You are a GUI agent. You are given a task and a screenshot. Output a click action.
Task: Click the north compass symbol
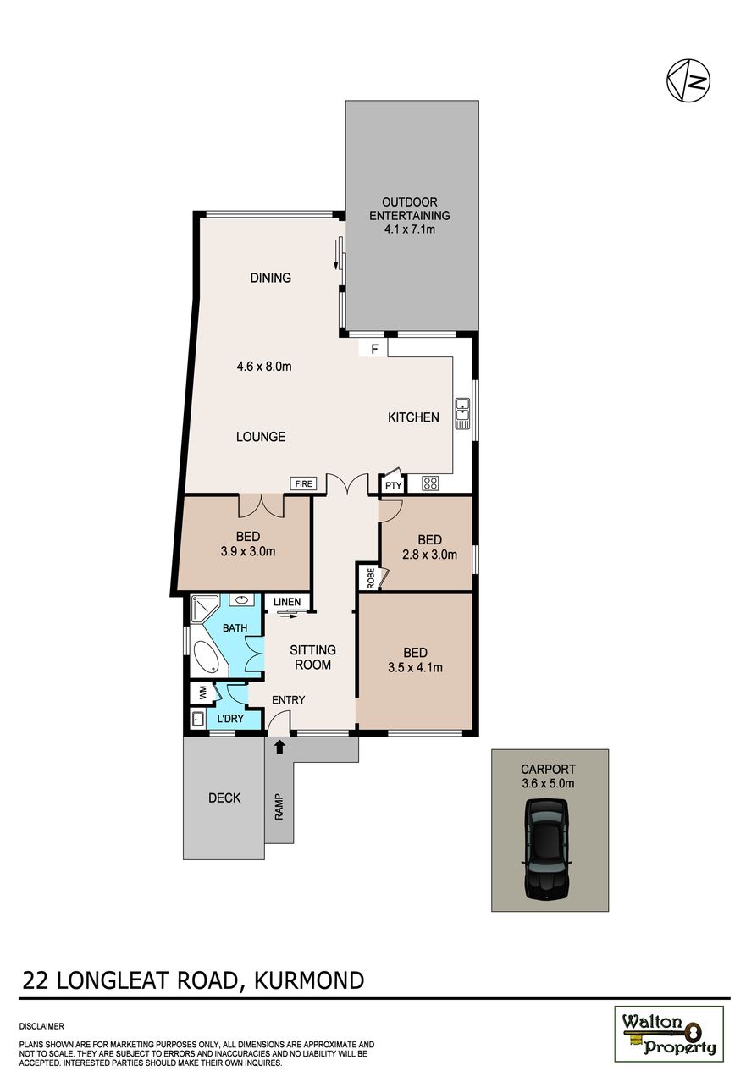coord(688,80)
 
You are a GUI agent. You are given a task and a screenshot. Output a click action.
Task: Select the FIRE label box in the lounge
coord(302,484)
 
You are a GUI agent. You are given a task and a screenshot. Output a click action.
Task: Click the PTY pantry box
coord(393,486)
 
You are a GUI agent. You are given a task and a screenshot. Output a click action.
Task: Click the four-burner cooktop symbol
coord(430,484)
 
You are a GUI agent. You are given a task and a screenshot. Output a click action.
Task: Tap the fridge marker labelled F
coord(373,348)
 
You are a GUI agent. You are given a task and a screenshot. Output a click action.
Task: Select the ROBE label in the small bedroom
coord(371,577)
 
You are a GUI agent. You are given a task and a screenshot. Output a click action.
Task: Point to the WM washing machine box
coord(202,693)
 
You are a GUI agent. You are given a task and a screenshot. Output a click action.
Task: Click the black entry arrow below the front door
coord(279,747)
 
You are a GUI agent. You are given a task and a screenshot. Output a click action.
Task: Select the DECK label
coord(224,798)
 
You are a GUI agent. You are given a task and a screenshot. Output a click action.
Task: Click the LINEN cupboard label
coord(287,602)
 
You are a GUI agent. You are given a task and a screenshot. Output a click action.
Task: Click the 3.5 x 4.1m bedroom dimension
coord(415,667)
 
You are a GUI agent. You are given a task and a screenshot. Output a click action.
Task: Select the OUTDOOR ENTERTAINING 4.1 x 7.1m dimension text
coord(409,229)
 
